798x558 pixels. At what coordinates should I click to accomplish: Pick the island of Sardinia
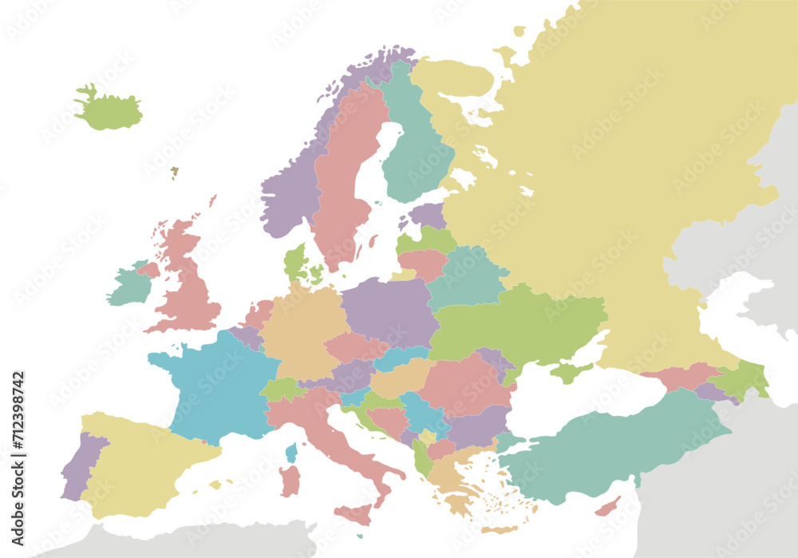point(290,481)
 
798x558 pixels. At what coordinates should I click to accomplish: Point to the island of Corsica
point(291,453)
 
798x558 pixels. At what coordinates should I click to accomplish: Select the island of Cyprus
point(608,506)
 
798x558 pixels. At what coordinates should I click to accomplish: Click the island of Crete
point(499,528)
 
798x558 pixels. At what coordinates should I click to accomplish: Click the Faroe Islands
point(174,172)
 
